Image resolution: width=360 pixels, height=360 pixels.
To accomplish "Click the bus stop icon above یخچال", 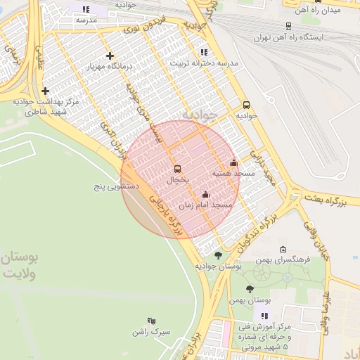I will coord(176,169).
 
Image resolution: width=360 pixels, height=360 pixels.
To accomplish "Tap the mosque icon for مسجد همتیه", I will coord(234,163).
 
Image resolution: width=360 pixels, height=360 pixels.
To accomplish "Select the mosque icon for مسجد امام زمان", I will coord(205,195).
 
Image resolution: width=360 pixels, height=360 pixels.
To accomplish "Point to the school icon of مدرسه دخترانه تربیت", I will coord(204,52).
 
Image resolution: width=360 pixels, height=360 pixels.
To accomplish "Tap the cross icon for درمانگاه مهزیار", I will coord(109,56).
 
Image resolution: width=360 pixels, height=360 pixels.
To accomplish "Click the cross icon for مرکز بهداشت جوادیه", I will coord(46,91).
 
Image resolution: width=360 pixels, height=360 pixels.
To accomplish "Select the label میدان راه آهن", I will coord(315,11).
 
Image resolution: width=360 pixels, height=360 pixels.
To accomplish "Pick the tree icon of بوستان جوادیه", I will coord(218,255).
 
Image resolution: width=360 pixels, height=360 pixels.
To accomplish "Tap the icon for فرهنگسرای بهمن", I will coord(283,249).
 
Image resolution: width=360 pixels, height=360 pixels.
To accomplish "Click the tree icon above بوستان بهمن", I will coord(250,289).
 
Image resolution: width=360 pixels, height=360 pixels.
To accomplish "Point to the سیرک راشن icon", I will coord(151,321).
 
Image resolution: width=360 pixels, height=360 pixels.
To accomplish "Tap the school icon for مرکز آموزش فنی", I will coord(264,316).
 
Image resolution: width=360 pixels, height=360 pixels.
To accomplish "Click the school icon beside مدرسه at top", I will coord(86,10).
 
